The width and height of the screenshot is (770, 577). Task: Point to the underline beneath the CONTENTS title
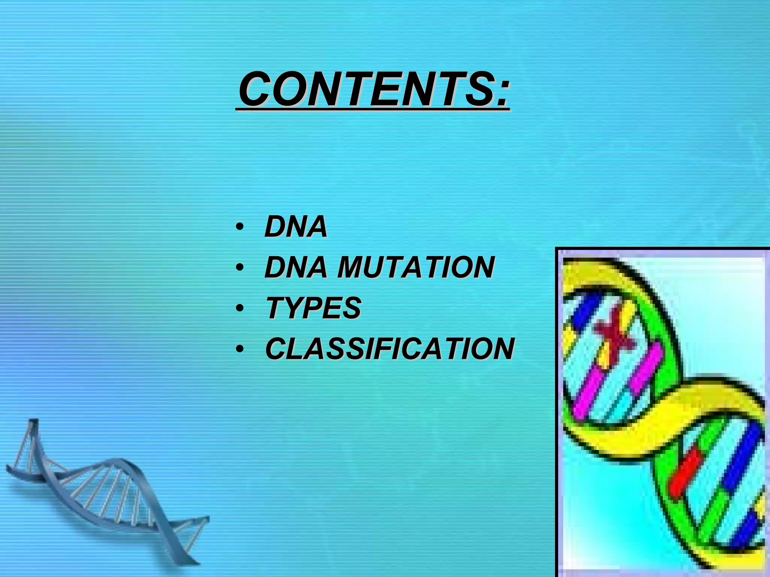pos(372,110)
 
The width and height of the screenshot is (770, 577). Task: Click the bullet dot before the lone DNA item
pos(240,227)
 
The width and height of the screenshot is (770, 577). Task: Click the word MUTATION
pos(416,267)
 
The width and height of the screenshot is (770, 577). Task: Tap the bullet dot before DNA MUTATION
pos(240,268)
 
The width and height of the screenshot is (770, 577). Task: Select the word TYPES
pos(314,308)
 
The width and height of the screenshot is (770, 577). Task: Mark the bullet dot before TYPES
pos(240,308)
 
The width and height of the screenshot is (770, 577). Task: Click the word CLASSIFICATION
pos(390,349)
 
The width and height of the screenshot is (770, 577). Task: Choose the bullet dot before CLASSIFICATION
pos(240,349)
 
